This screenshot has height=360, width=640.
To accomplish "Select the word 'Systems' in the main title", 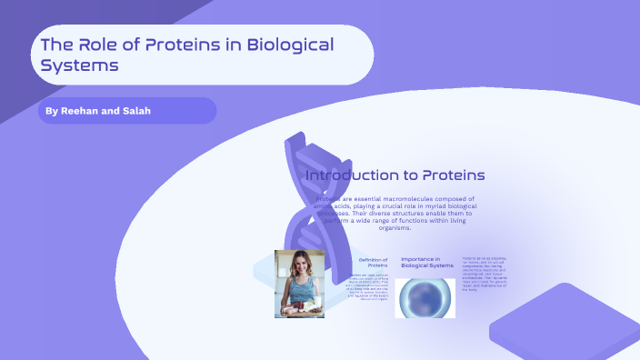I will [x=80, y=65].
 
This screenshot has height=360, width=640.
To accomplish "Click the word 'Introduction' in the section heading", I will [x=351, y=175].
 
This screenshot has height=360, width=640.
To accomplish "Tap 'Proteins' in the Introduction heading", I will [x=451, y=175].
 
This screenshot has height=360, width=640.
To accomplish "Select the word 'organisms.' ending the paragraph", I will [x=394, y=228].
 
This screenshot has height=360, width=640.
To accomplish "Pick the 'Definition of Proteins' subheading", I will [x=373, y=262].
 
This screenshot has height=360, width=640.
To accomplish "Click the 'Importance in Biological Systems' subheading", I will [x=427, y=262].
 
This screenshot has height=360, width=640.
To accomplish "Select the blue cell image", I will [x=425, y=297].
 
